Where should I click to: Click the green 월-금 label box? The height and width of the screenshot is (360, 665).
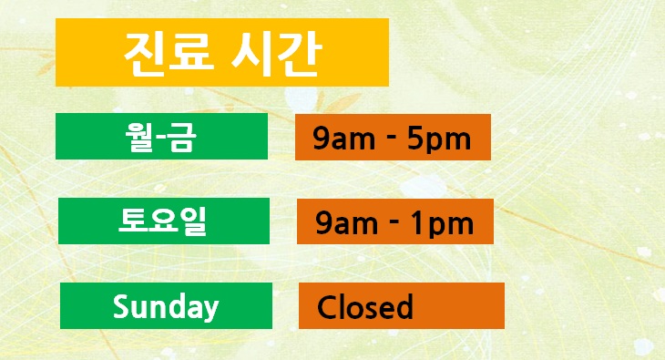(x=161, y=137)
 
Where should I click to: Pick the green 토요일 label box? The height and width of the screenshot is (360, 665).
(x=164, y=221)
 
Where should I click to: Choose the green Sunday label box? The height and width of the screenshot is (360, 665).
(x=166, y=305)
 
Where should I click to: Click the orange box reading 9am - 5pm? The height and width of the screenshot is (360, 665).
(x=393, y=137)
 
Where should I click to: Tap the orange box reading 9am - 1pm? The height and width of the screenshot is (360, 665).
(x=394, y=221)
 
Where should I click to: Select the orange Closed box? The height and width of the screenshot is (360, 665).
(x=401, y=306)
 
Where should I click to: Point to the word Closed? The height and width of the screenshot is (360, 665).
(x=364, y=307)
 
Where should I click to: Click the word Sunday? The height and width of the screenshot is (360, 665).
(x=166, y=307)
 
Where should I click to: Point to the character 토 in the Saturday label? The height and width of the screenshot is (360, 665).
(x=135, y=221)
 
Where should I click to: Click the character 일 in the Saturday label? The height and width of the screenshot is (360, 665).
(x=191, y=221)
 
